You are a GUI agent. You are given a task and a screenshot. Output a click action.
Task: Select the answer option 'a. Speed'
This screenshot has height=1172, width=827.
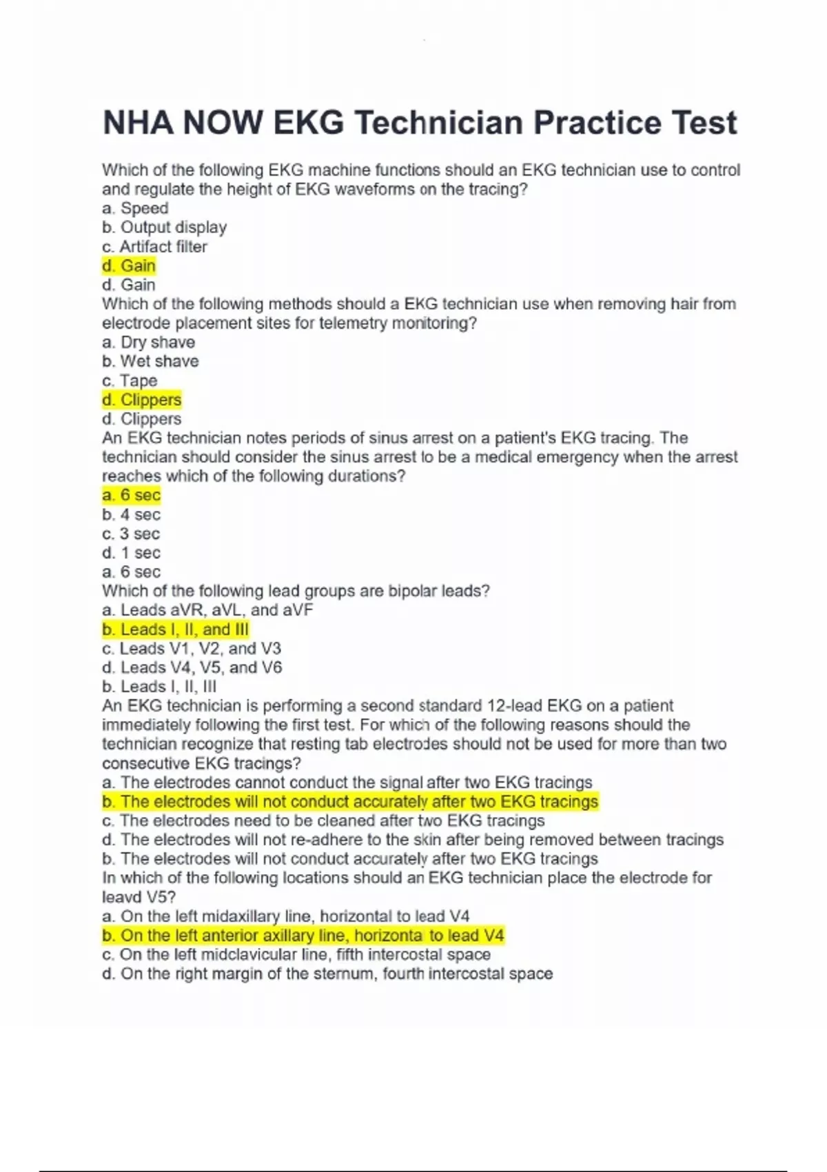(135, 208)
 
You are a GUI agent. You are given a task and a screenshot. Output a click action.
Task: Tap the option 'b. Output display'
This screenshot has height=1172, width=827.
(164, 228)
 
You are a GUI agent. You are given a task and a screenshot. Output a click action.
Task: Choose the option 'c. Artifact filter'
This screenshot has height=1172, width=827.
(154, 247)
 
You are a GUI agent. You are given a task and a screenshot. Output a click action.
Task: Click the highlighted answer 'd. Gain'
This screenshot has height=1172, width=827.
(129, 265)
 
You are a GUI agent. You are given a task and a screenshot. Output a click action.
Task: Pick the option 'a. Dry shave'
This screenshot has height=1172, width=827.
(148, 343)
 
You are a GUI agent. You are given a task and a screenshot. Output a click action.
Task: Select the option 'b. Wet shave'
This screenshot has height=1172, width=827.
(150, 361)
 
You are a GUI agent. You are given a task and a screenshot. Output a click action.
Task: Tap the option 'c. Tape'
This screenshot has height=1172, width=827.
(130, 381)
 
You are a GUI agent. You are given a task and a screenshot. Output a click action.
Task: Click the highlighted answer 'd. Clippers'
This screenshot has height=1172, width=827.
(141, 400)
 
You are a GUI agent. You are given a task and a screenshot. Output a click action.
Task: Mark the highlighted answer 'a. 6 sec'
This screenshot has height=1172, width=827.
(131, 495)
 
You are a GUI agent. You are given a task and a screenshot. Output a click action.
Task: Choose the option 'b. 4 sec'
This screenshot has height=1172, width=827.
(131, 514)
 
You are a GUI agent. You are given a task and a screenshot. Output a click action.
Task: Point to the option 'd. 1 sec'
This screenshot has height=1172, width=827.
(131, 553)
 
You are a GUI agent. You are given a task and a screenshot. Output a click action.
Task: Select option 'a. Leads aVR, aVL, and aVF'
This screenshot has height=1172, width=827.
(207, 610)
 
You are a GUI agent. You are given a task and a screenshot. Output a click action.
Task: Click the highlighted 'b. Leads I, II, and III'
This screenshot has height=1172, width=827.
(175, 629)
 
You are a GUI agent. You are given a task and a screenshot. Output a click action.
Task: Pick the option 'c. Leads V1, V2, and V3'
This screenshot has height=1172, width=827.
(192, 649)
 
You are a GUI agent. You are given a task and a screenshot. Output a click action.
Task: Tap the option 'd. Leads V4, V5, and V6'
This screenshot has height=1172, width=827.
(192, 667)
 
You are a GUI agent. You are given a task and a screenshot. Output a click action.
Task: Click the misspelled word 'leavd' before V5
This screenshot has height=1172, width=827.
(121, 898)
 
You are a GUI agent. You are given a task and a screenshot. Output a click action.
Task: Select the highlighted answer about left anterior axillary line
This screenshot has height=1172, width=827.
(303, 936)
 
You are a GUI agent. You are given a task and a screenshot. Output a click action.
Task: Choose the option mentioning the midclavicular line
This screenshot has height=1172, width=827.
(296, 955)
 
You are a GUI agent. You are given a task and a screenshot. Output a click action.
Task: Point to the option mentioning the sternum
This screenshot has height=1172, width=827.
(327, 973)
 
